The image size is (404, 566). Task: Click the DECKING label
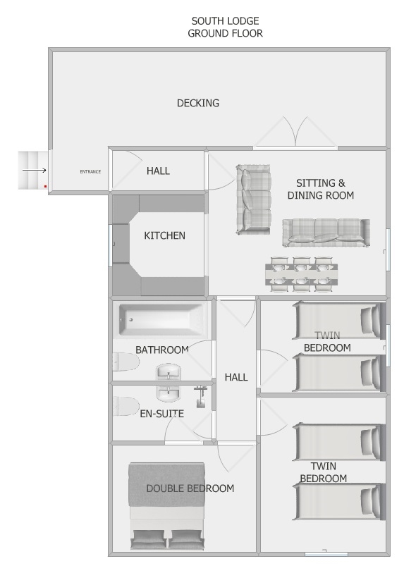(198, 103)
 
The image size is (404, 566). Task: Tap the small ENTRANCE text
(90, 172)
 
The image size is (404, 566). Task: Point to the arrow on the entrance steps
(35, 171)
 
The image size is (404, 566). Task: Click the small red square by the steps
(46, 186)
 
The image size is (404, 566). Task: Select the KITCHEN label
(165, 235)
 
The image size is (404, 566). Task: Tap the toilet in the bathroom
(126, 362)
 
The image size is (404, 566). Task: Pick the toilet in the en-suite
(126, 406)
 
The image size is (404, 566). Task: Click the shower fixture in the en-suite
(201, 397)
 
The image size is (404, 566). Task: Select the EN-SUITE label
(161, 414)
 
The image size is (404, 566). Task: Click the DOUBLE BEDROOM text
(190, 488)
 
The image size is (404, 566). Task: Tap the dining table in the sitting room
(302, 274)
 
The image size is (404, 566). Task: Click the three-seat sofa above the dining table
(326, 233)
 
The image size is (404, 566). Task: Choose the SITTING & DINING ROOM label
(321, 189)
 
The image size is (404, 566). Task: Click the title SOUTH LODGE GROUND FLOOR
(225, 27)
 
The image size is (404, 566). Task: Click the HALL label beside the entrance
(158, 171)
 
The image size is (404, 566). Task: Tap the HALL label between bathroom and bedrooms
(236, 377)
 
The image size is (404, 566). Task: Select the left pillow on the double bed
(149, 539)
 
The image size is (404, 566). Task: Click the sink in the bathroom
(169, 372)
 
